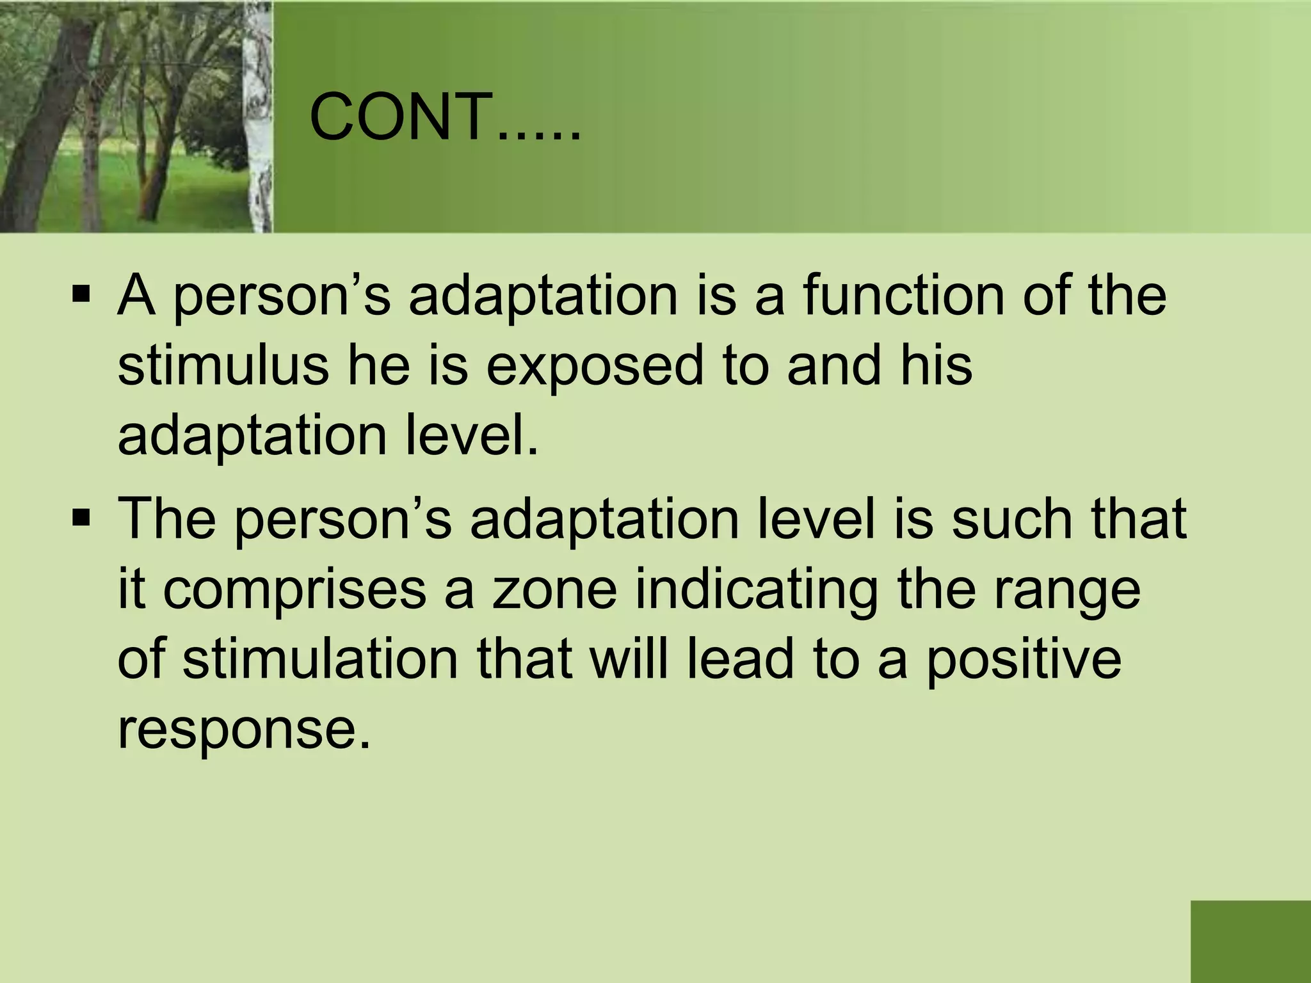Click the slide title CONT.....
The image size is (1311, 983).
[445, 118]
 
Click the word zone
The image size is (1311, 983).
[554, 590]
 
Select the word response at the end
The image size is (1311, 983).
[244, 731]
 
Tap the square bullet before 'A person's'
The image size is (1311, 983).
[81, 296]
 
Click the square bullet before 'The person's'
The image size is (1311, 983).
[81, 517]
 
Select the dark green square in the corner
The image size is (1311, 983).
[1250, 941]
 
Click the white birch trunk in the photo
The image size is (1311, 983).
[260, 115]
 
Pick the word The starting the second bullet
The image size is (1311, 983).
[167, 518]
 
